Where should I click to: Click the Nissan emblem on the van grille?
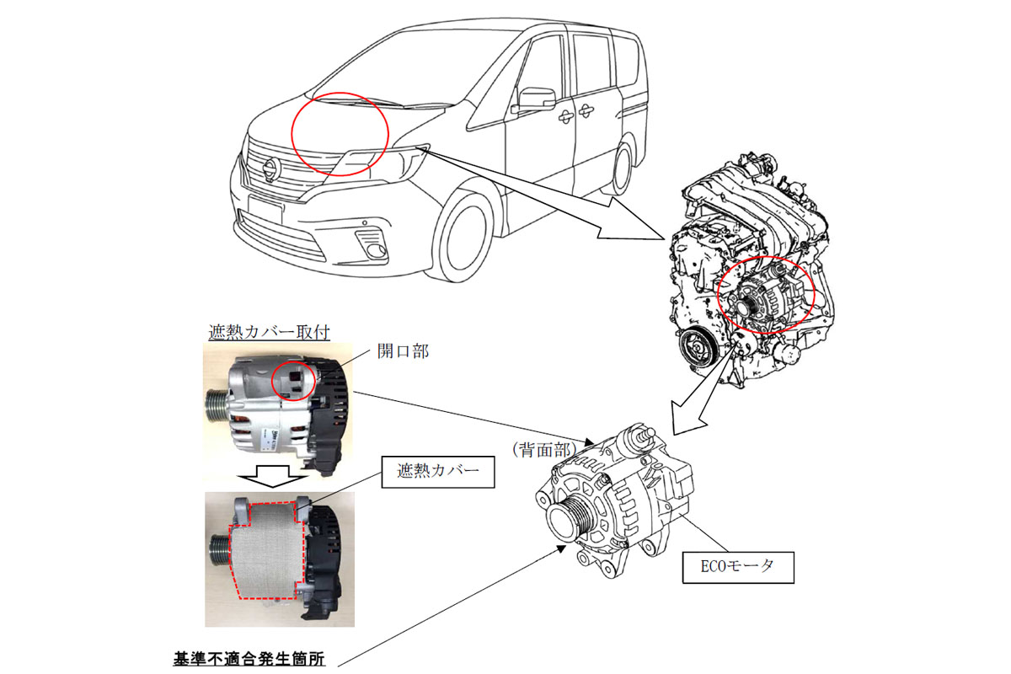pyautogui.click(x=271, y=170)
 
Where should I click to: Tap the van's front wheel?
pyautogui.click(x=465, y=238)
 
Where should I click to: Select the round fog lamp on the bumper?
pyautogui.click(x=376, y=251)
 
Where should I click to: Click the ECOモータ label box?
pyautogui.click(x=738, y=567)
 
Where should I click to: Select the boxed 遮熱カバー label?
pyautogui.click(x=438, y=472)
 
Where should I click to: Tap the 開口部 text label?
pyautogui.click(x=403, y=351)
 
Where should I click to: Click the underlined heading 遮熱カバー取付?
pyautogui.click(x=269, y=332)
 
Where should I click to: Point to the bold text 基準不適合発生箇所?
pyautogui.click(x=249, y=659)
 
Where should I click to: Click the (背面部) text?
pyautogui.click(x=544, y=450)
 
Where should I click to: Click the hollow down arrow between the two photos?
pyautogui.click(x=274, y=476)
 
